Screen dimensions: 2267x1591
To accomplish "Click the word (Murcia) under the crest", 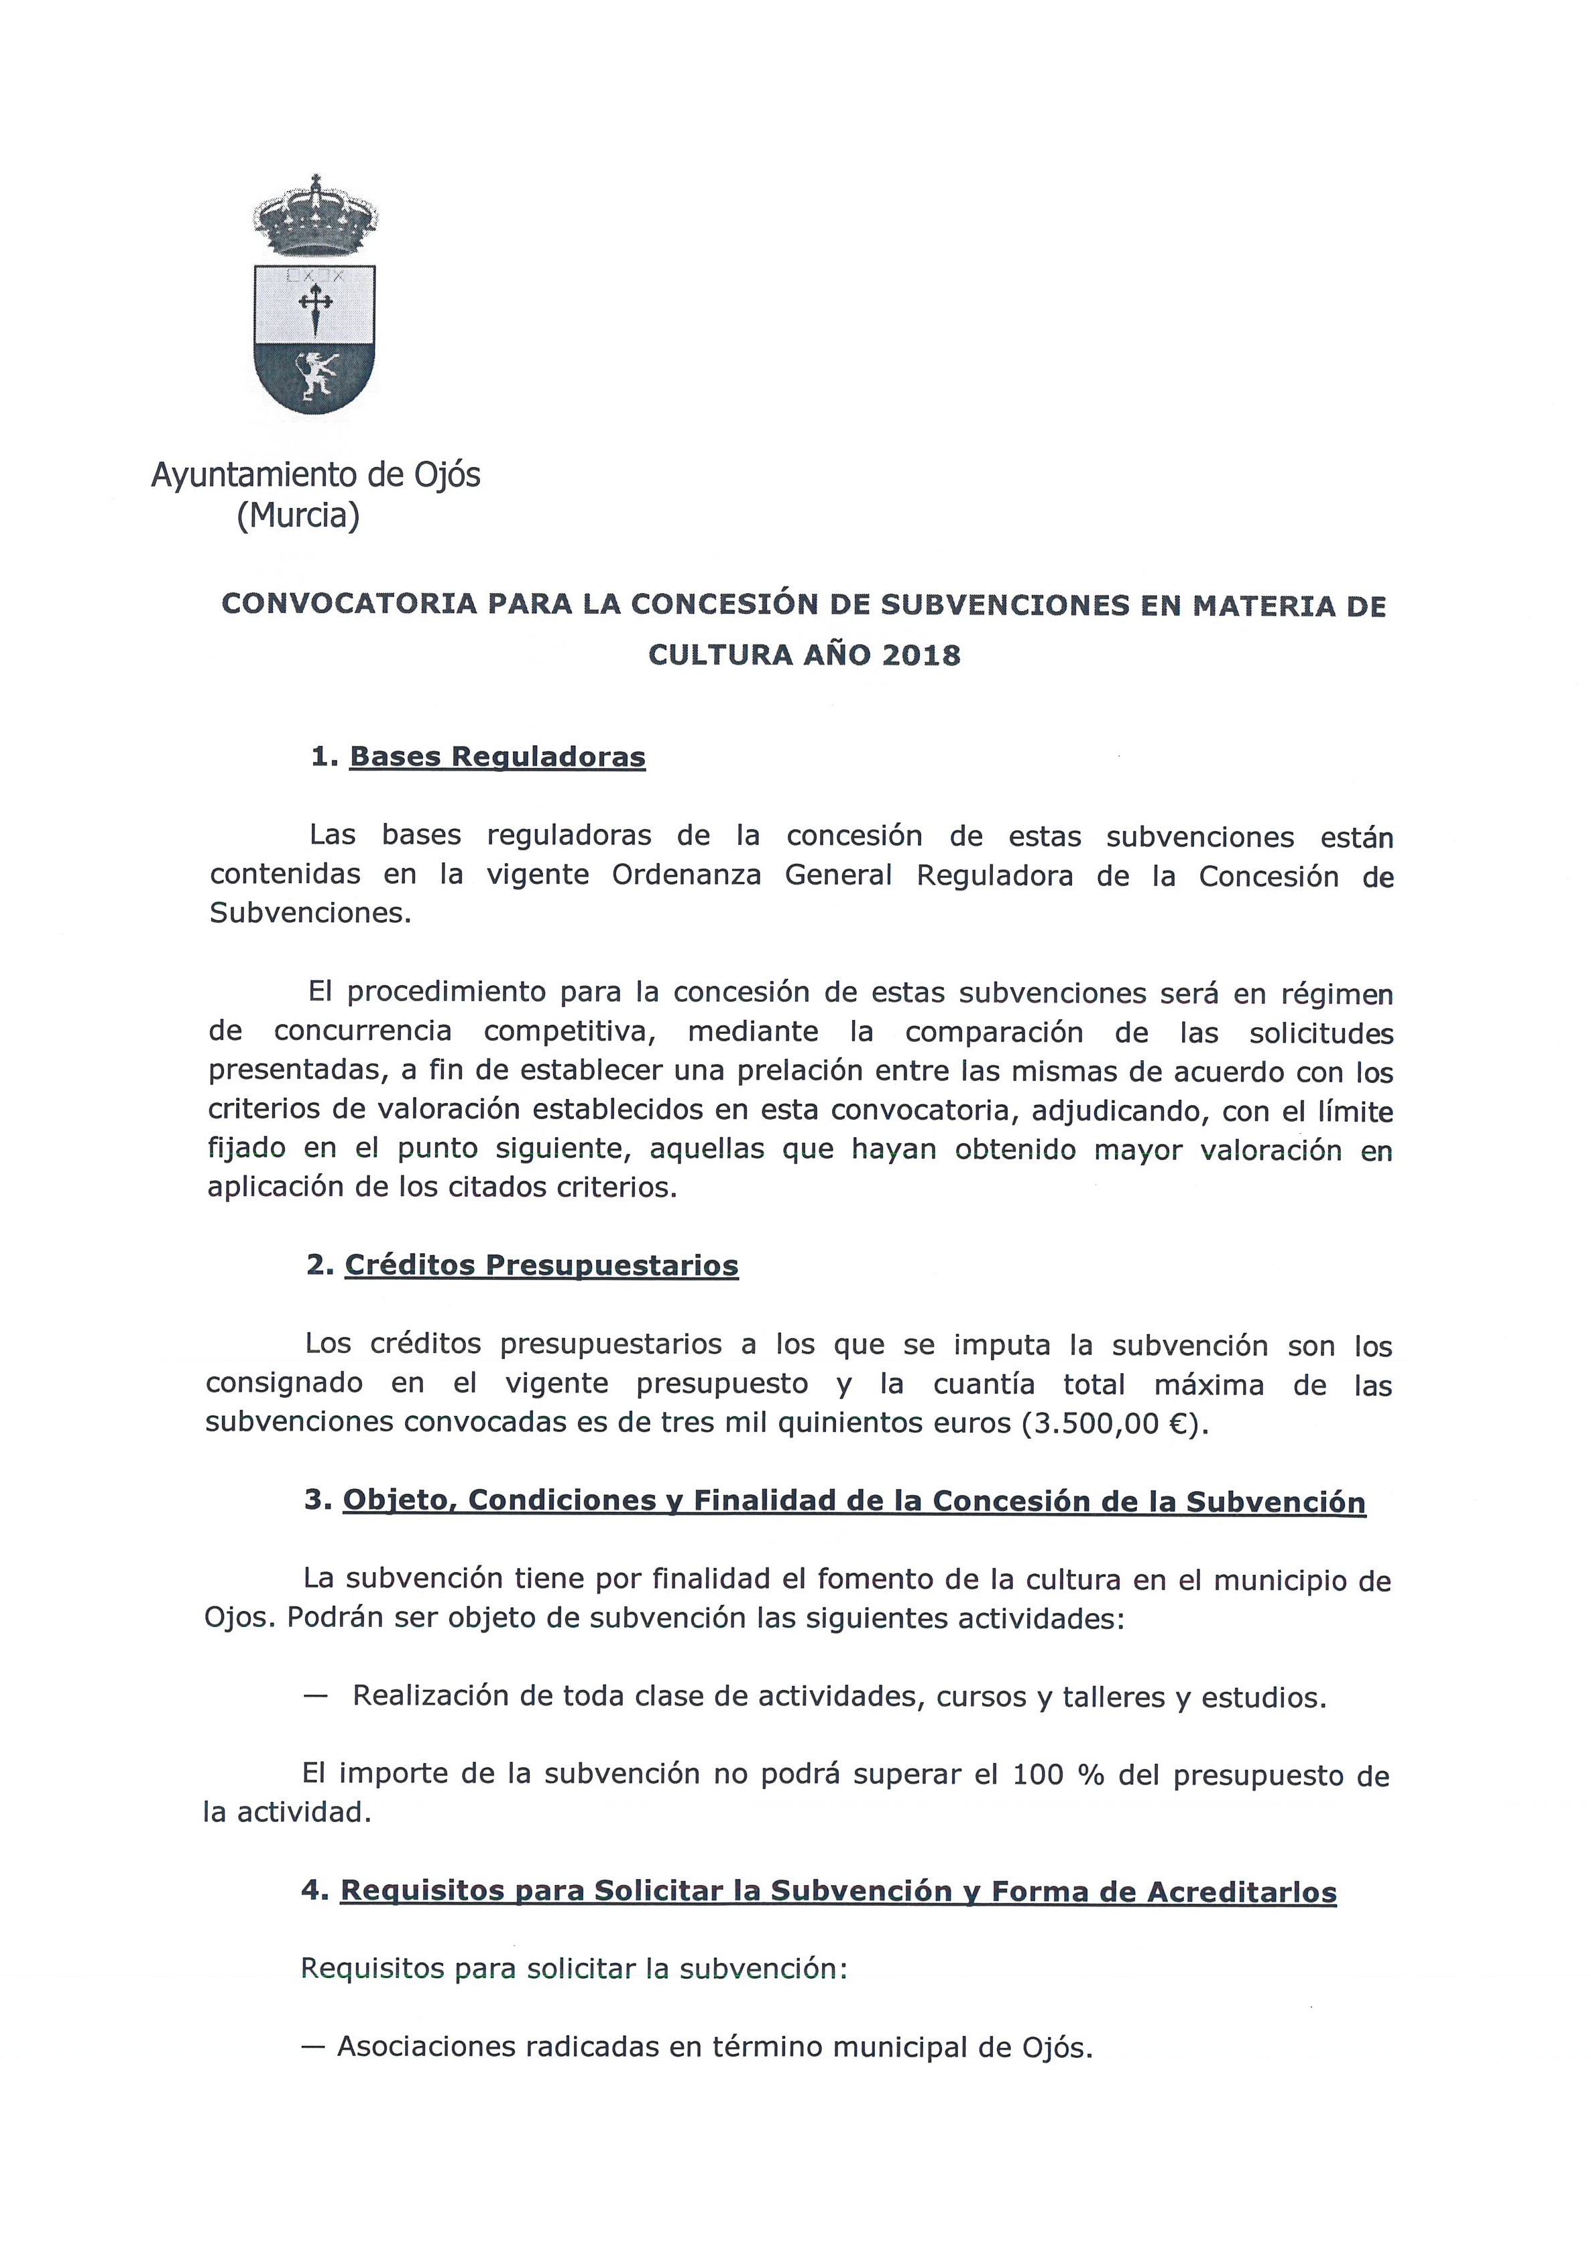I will (298, 515).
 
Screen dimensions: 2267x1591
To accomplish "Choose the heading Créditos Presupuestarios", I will (541, 1266).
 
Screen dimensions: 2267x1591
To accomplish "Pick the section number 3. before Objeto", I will (318, 1502).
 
